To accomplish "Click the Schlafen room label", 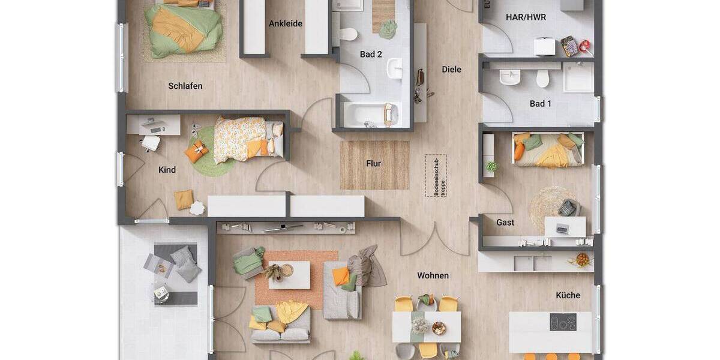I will pyautogui.click(x=185, y=86).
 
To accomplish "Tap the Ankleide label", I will pyautogui.click(x=286, y=24).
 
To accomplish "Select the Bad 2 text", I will pyautogui.click(x=371, y=55).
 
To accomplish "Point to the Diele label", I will pyautogui.click(x=452, y=70).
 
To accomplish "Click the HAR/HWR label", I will pyautogui.click(x=526, y=17).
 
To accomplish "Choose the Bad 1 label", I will pyautogui.click(x=541, y=104).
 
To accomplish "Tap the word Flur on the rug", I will pyautogui.click(x=374, y=163).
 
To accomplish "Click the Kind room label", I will pyautogui.click(x=167, y=170).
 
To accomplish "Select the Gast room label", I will pyautogui.click(x=505, y=223).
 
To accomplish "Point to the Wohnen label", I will pyautogui.click(x=433, y=276).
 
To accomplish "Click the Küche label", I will pyautogui.click(x=568, y=295).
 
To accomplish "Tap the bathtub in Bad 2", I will pyautogui.click(x=367, y=115).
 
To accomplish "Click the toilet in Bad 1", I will pyautogui.click(x=543, y=78).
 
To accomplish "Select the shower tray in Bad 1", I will pyautogui.click(x=578, y=77).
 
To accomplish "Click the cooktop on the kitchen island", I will pyautogui.click(x=563, y=322).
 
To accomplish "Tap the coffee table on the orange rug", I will pyautogui.click(x=289, y=275).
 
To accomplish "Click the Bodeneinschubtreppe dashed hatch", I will pyautogui.click(x=436, y=176).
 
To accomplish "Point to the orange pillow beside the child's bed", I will pyautogui.click(x=196, y=152).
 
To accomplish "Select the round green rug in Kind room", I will pyautogui.click(x=210, y=153).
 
